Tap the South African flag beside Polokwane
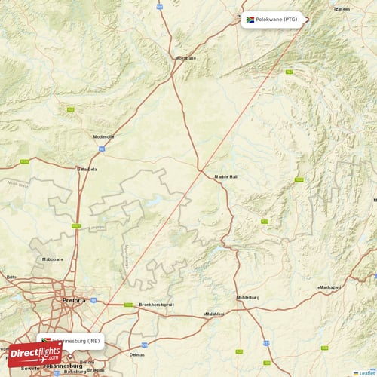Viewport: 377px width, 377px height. (250, 19)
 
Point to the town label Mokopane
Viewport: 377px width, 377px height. (185, 57)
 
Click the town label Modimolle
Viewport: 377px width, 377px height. (103, 136)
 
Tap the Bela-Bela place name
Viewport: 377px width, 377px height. (87, 169)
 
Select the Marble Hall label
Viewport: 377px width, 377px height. (225, 176)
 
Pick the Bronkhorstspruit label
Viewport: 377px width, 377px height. (156, 305)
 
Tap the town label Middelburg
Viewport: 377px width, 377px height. (247, 298)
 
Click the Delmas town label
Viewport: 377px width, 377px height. (136, 354)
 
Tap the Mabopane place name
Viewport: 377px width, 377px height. (53, 259)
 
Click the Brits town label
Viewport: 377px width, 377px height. (11, 277)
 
